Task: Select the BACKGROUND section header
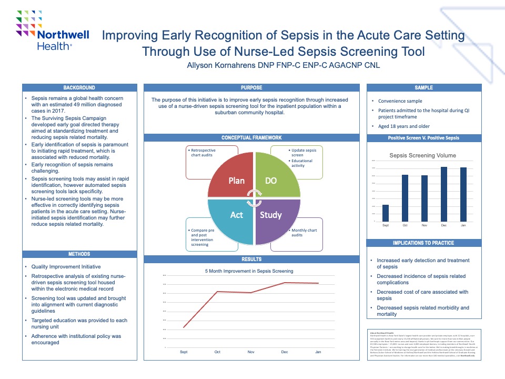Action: (79, 87)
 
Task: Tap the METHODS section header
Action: (79, 254)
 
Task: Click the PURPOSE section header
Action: (251, 87)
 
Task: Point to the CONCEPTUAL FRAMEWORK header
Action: (251, 138)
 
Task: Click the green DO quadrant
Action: (276, 176)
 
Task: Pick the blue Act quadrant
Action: (234, 218)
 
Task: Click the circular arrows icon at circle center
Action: (255, 197)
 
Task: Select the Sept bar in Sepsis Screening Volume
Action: (386, 213)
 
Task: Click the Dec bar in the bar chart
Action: (444, 194)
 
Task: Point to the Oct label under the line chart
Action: (217, 352)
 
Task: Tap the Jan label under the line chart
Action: (318, 352)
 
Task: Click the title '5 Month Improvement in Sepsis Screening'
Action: (249, 271)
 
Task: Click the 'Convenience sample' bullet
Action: (400, 101)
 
